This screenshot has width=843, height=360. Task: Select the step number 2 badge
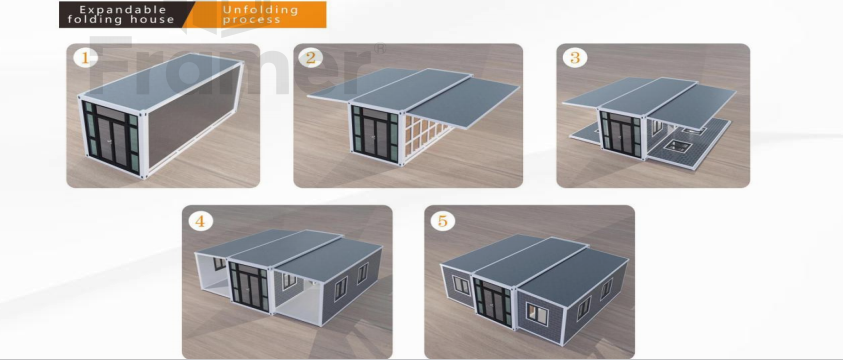point(312,57)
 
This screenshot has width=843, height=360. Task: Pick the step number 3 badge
point(575,57)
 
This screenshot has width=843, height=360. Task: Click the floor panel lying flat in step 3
point(690,148)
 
